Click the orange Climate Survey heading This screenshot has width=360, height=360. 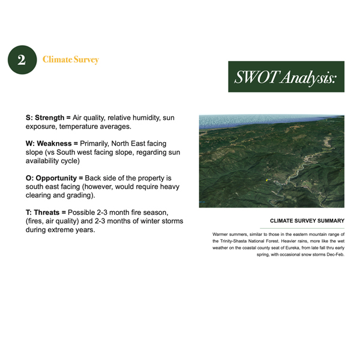70,60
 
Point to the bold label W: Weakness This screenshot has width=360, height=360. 52,144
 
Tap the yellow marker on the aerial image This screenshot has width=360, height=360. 266,180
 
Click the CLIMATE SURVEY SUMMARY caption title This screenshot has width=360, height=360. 307,221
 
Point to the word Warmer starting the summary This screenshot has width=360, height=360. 222,233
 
